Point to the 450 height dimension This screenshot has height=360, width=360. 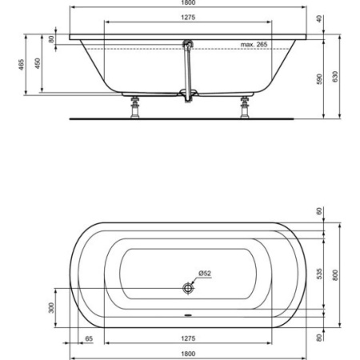[x=38, y=64]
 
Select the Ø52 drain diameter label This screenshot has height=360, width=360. [x=205, y=273]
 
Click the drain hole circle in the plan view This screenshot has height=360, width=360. [x=189, y=286]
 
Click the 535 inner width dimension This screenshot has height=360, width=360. [x=319, y=274]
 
